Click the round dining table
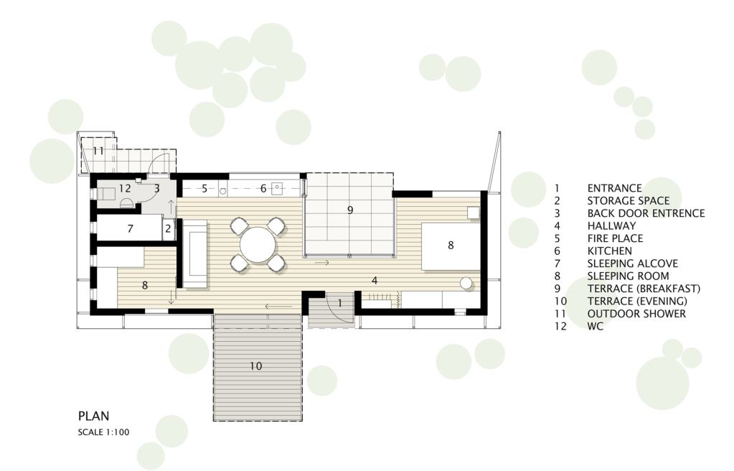point(258,245)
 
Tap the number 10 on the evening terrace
point(255,366)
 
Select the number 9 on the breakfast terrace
point(349,210)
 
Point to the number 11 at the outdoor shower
point(98,151)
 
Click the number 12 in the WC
point(125,188)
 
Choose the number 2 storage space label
point(168,230)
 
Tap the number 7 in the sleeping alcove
point(130,229)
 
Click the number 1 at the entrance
point(340,303)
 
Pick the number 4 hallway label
point(375,281)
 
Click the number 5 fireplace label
point(204,189)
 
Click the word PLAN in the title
point(93,416)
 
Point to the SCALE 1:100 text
point(103,432)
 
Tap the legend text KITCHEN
point(609,251)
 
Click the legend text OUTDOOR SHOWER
point(636,314)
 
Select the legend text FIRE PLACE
point(615,238)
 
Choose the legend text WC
point(596,327)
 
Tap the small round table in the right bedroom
point(466,284)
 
